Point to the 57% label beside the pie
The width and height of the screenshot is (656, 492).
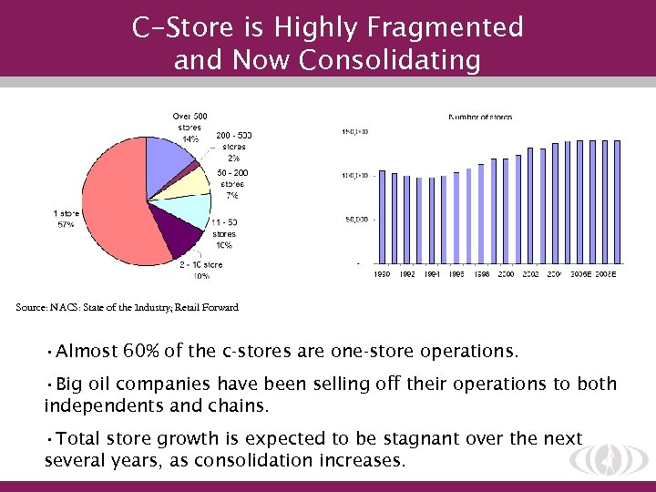tap(66, 225)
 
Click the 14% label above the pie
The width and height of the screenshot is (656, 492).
tap(190, 139)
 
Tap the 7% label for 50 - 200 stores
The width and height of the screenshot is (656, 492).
tap(232, 195)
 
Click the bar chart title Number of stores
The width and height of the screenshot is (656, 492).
tap(480, 117)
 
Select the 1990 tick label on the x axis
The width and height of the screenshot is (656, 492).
tap(383, 273)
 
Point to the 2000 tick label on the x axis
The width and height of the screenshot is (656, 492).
tap(506, 273)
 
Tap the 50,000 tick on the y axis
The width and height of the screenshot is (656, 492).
tap(355, 220)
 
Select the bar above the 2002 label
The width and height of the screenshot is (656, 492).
tap(530, 206)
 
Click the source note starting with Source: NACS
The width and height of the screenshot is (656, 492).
tap(128, 308)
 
